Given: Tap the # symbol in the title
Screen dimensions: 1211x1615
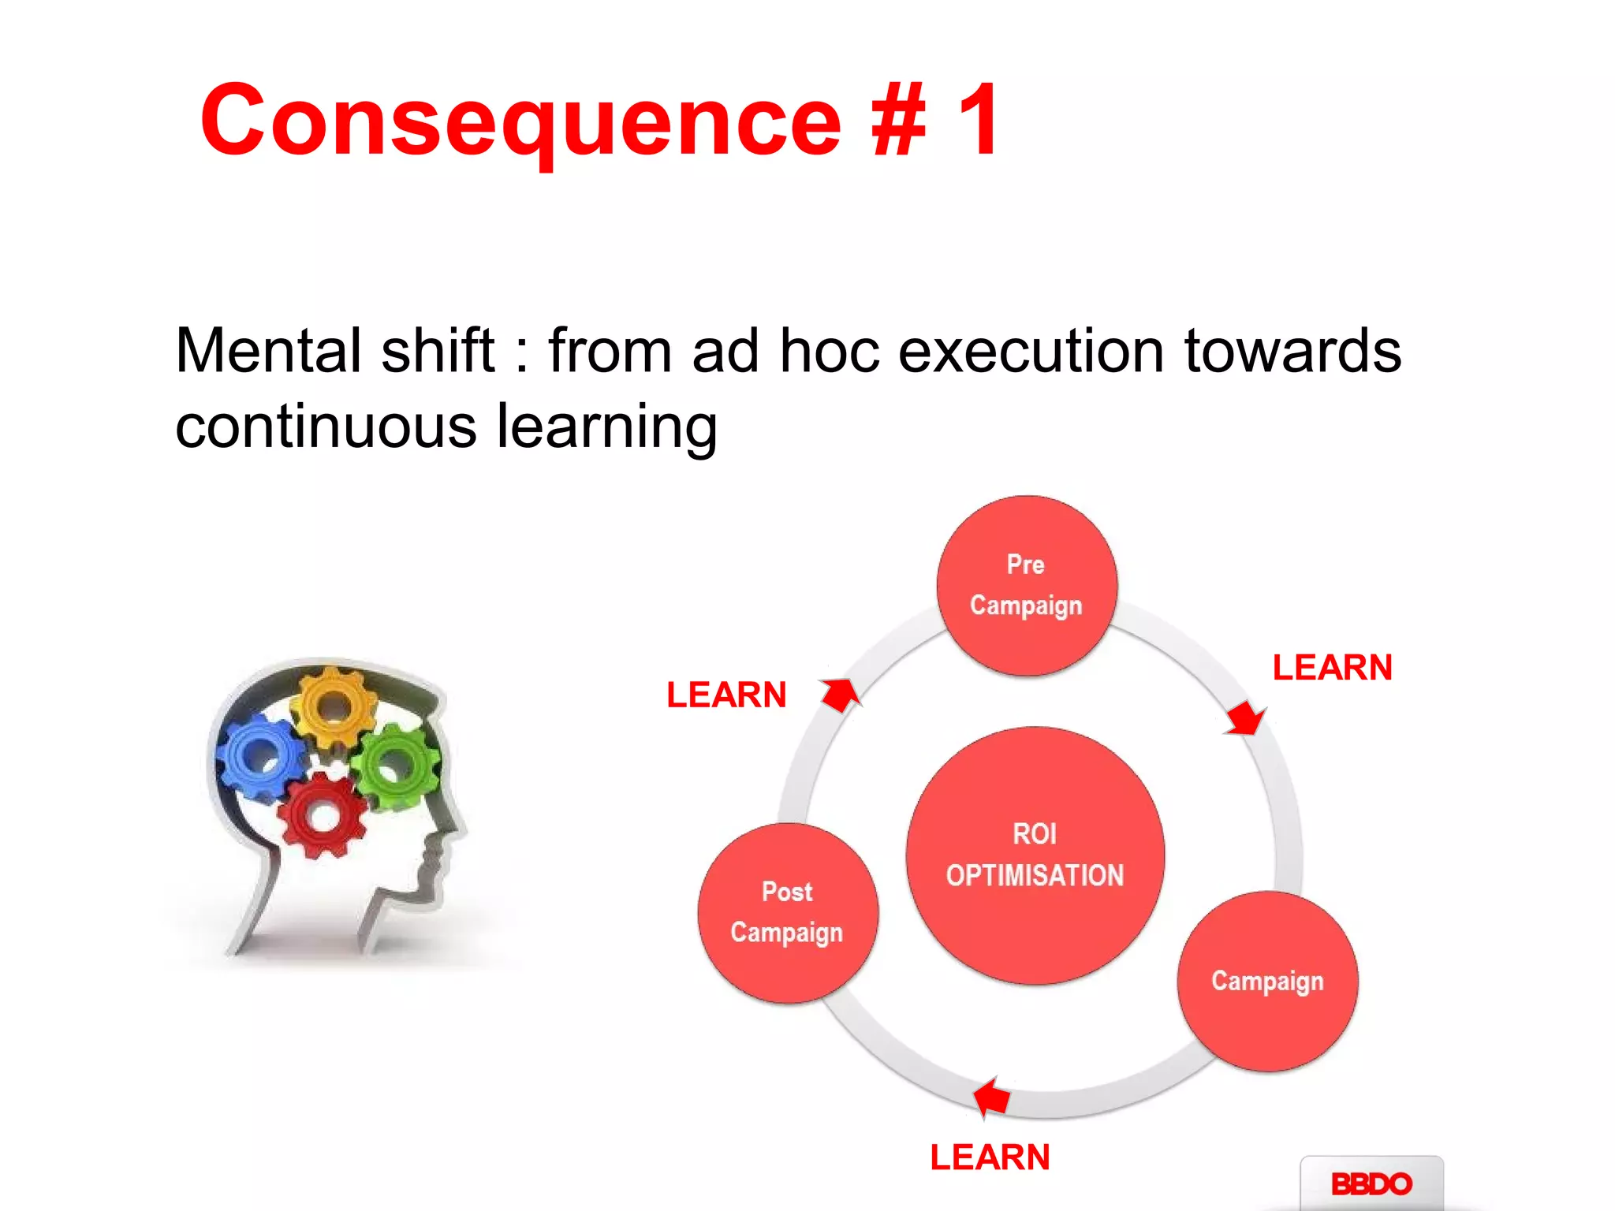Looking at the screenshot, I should click(x=899, y=120).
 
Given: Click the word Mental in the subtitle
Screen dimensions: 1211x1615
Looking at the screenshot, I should click(x=268, y=351).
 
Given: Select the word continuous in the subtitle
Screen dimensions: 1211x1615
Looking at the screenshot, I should click(x=326, y=427).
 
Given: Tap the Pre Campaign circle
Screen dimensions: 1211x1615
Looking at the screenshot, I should click(x=1027, y=586).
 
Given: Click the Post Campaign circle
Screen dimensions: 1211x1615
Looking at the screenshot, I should click(x=788, y=913).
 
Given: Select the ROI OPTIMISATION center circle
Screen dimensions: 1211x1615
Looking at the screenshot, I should click(x=1035, y=855).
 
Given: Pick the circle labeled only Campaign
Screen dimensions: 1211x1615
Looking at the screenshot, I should click(x=1267, y=982).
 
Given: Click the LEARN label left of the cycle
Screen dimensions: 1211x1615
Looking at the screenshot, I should click(x=726, y=695).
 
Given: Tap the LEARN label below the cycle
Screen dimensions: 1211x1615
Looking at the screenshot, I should click(x=990, y=1157).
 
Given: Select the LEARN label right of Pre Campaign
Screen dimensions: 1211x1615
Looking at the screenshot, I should click(x=1332, y=668).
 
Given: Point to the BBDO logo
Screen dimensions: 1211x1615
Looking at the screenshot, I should click(x=1371, y=1183).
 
